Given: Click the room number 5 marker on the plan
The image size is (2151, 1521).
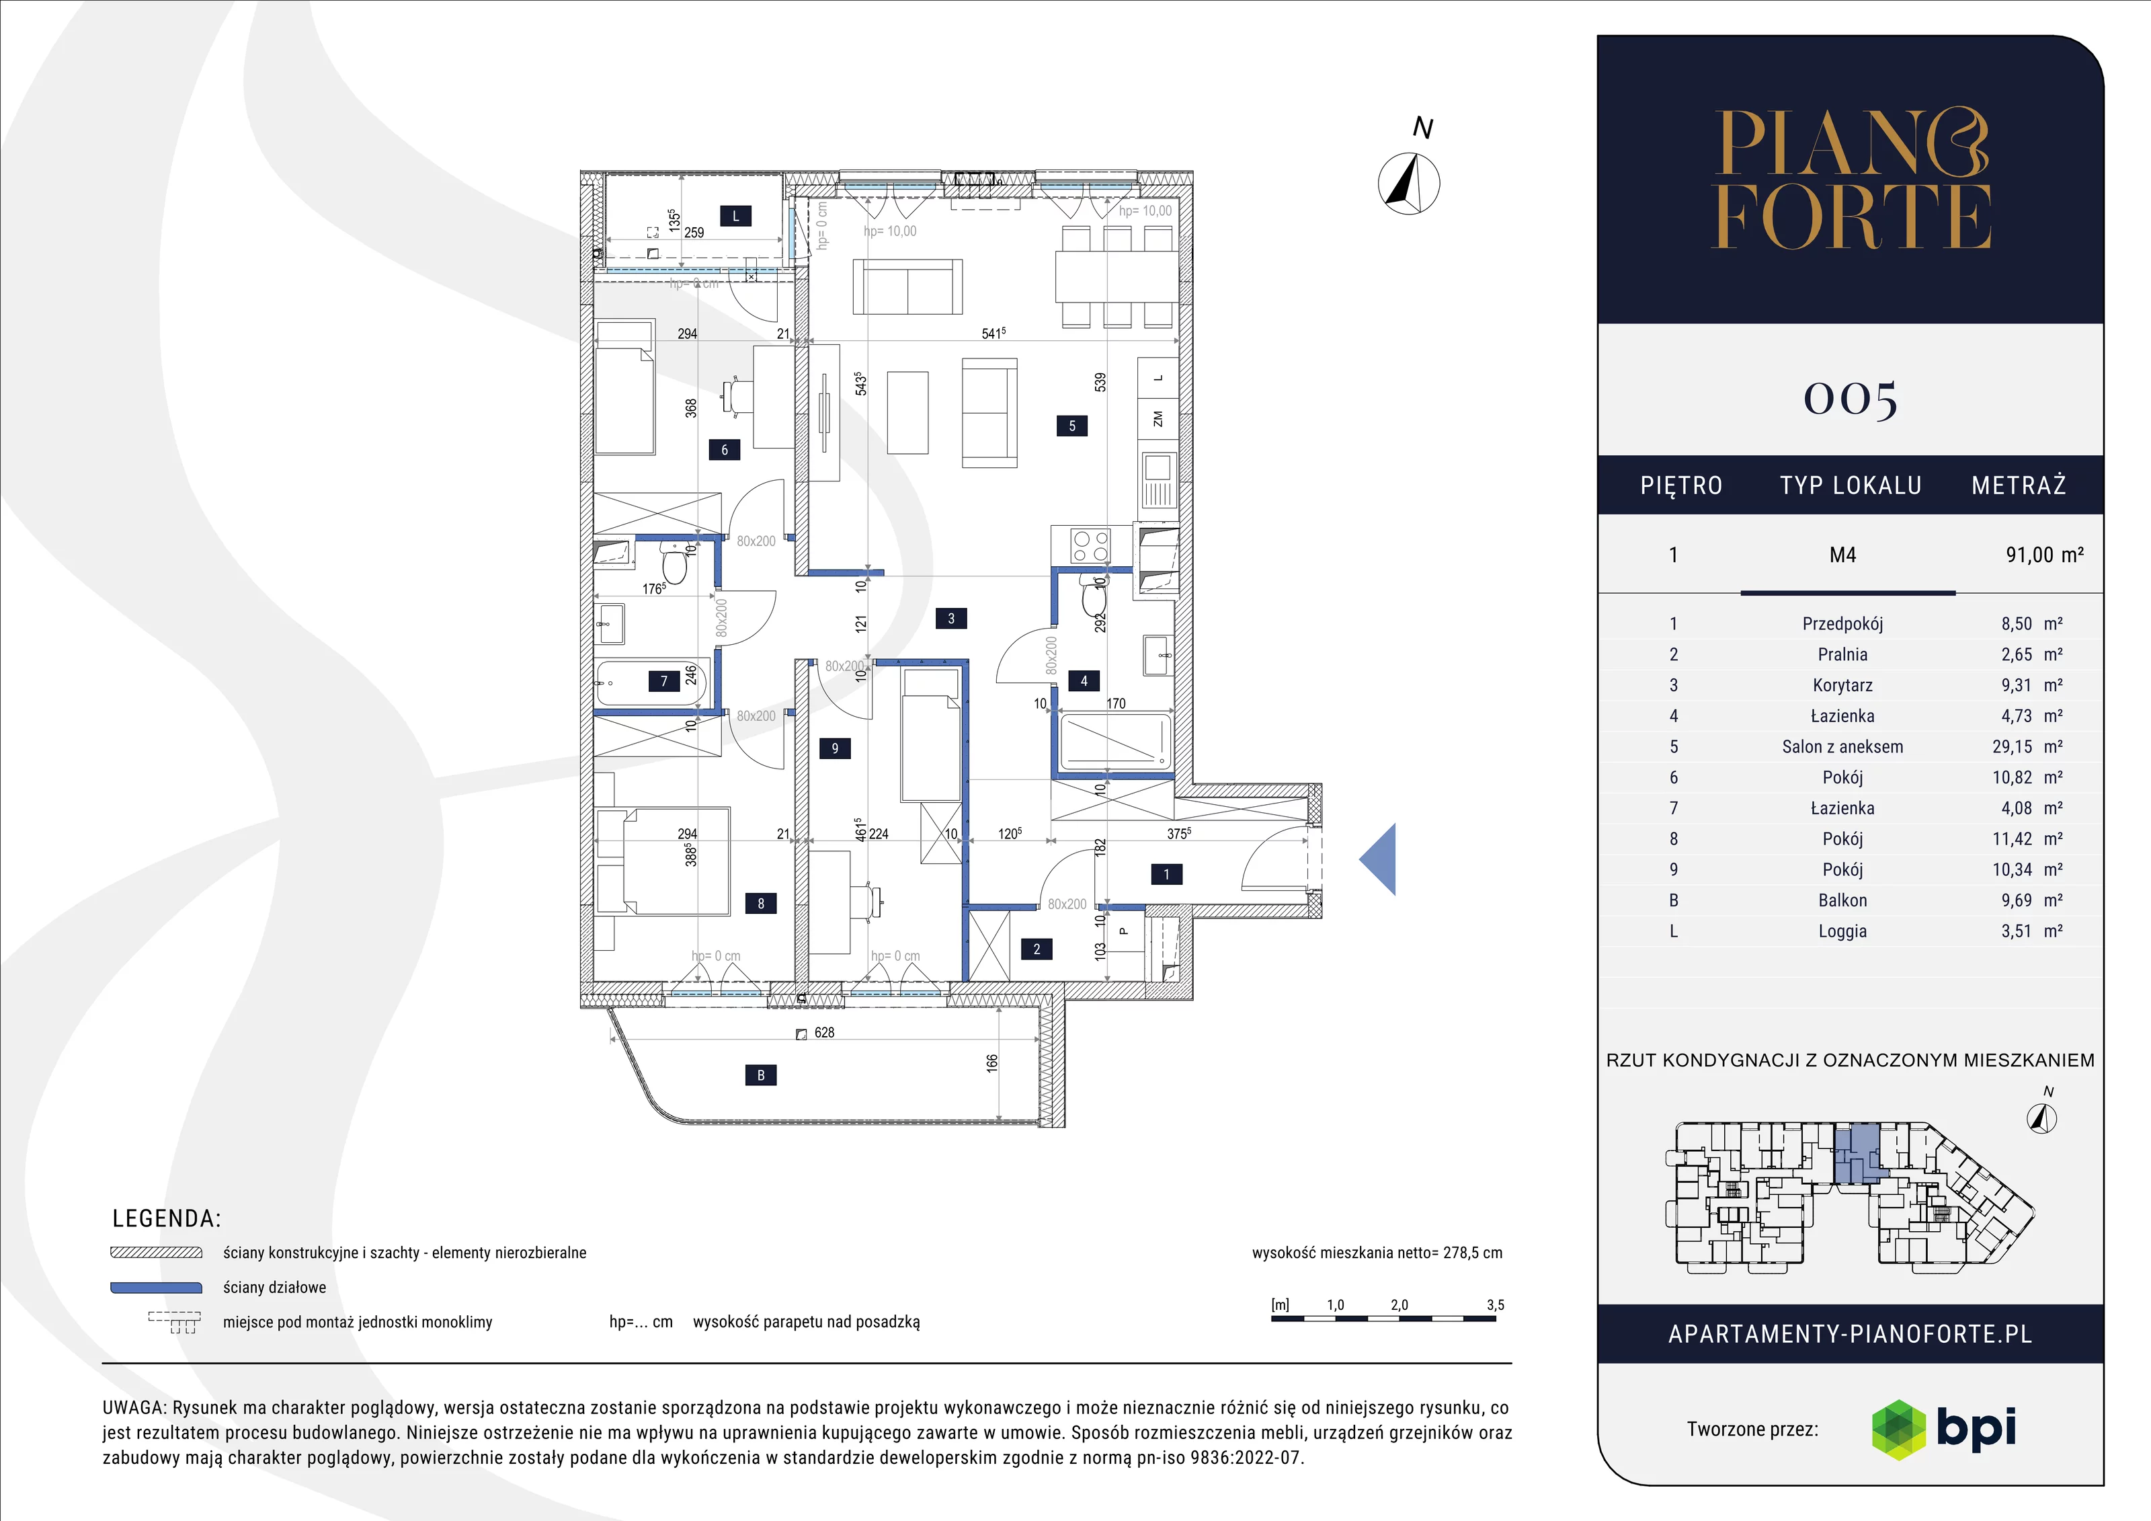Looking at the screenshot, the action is click(1073, 426).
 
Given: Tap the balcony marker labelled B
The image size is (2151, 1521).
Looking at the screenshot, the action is click(761, 1075).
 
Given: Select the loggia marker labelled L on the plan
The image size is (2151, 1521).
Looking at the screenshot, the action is click(735, 217).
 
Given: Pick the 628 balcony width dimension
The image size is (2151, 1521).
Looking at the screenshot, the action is click(824, 1031).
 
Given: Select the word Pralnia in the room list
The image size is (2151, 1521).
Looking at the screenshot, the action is click(1842, 654).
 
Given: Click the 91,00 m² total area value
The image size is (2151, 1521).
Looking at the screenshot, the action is click(2044, 555).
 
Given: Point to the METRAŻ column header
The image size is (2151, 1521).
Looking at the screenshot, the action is click(2019, 485).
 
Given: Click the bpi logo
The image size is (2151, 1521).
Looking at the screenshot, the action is click(1944, 1429).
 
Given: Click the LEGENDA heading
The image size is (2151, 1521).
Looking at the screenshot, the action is click(167, 1218).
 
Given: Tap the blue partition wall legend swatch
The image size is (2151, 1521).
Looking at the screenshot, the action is click(157, 1288).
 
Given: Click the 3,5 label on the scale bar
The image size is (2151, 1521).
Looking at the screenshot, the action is click(1495, 1304).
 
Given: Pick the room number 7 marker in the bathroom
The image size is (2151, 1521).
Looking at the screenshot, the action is click(664, 681).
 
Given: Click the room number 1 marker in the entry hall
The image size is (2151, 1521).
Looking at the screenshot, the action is click(1166, 874).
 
